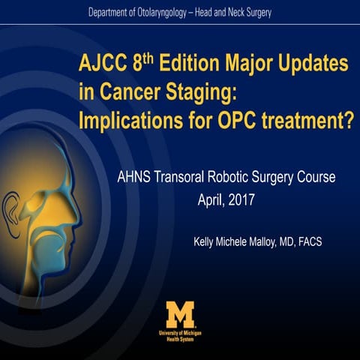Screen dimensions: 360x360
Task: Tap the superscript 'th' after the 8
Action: pos(151,56)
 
